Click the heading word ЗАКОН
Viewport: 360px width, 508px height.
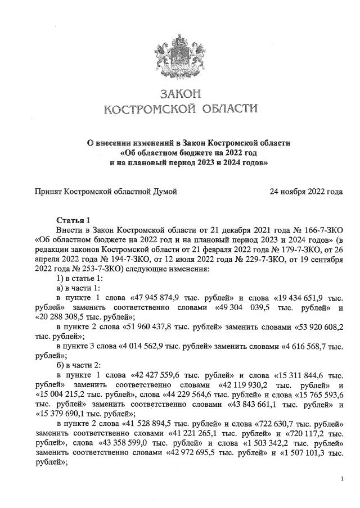click(180, 92)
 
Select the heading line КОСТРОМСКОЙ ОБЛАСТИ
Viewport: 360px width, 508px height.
click(180, 108)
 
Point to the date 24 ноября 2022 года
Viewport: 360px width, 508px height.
click(306, 192)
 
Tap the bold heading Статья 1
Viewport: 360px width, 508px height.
click(73, 219)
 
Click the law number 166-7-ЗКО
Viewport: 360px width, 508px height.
click(321, 229)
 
